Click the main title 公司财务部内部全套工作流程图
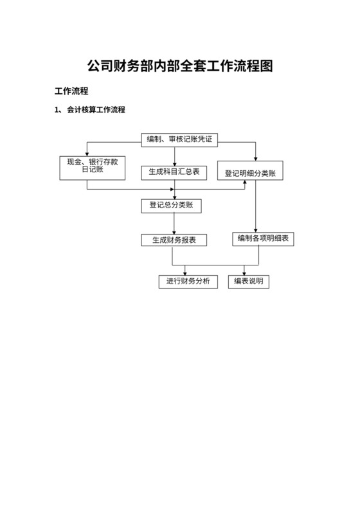pyautogui.click(x=180, y=66)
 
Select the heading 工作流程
pyautogui.click(x=71, y=91)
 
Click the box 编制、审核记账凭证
pyautogui.click(x=179, y=139)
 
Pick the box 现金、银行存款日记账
pyautogui.click(x=92, y=166)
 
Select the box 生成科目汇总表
pyautogui.click(x=174, y=172)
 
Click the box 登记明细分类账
pyautogui.click(x=250, y=173)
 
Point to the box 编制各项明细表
pyautogui.click(x=263, y=239)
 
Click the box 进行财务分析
pyautogui.click(x=188, y=281)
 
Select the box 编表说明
pyautogui.click(x=248, y=281)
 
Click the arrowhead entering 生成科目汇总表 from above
pyautogui.click(x=174, y=163)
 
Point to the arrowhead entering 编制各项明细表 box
pyautogui.click(x=256, y=230)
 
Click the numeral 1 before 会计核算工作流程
pyautogui.click(x=57, y=110)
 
